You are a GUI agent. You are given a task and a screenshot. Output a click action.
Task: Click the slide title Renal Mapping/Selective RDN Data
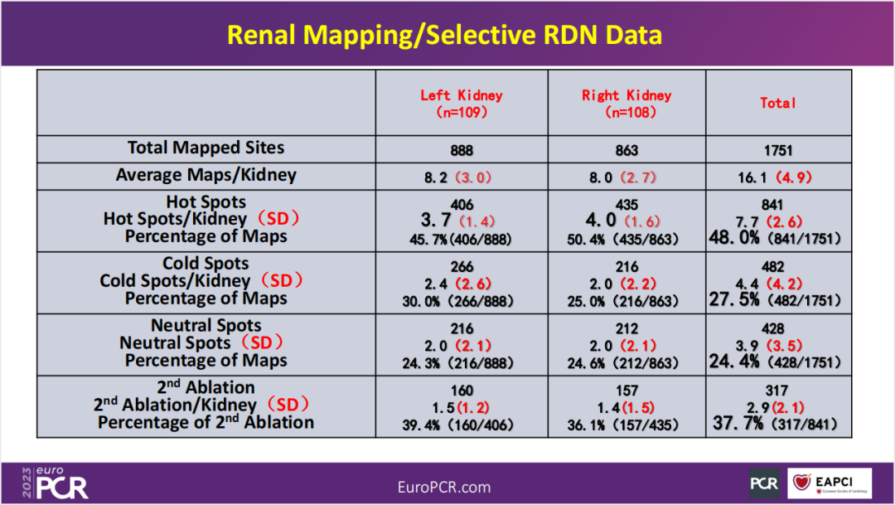[445, 35]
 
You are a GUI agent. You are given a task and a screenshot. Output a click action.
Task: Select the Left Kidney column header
[461, 103]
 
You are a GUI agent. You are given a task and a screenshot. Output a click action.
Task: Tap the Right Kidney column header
[626, 103]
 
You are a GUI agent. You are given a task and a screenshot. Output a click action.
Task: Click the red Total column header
[778, 103]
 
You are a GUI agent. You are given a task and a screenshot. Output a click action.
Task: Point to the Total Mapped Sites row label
[206, 148]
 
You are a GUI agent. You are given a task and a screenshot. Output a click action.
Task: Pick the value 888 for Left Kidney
[462, 151]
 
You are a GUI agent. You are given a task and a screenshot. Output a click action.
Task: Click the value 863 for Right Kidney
[627, 151]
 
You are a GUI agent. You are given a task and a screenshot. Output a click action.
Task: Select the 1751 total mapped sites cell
[778, 151]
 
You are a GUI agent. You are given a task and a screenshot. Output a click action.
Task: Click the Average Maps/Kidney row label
[206, 175]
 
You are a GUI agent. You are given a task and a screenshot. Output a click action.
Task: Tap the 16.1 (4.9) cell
[778, 177]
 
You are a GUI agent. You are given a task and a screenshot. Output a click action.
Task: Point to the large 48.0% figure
[734, 237]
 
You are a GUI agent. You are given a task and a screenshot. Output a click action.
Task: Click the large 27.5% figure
[734, 299]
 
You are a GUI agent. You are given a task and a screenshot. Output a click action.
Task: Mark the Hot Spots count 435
[627, 204]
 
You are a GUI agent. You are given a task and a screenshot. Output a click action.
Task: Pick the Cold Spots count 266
[462, 267]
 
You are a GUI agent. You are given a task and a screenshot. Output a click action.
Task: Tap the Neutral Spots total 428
[778, 329]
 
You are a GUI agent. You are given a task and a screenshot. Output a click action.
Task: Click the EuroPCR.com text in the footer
[444, 487]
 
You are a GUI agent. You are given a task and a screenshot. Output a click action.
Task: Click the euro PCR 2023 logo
[54, 482]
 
